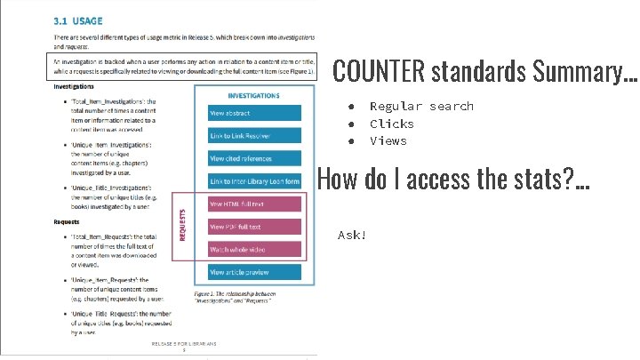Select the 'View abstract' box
coord(254,113)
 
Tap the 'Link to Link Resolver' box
coord(254,135)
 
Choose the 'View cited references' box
coord(254,158)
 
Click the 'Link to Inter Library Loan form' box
coord(254,181)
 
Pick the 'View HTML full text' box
coord(254,204)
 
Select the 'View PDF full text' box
coord(254,227)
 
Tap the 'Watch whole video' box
coord(254,249)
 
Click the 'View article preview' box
coord(254,272)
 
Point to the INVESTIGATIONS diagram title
coord(254,95)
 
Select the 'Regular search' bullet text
coord(421,107)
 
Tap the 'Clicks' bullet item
coord(392,124)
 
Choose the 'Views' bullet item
coord(388,140)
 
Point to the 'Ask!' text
coord(352,236)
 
